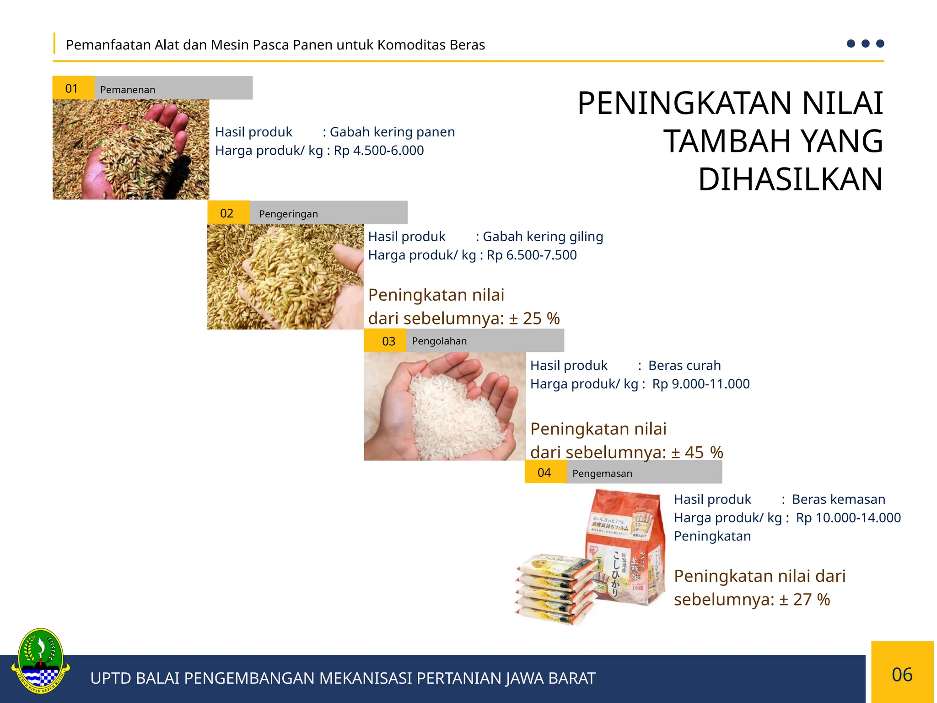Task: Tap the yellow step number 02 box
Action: click(228, 213)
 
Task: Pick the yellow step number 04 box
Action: click(545, 472)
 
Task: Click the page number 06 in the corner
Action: click(902, 675)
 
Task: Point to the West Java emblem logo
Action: click(40, 661)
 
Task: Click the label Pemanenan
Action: click(128, 90)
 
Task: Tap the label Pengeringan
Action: click(288, 214)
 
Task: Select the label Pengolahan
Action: click(439, 341)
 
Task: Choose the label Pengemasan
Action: click(602, 473)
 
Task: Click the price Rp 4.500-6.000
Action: click(379, 151)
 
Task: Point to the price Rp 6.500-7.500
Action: click(532, 255)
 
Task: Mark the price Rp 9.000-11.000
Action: click(701, 384)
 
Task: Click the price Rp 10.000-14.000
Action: click(848, 518)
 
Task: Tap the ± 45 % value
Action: click(697, 452)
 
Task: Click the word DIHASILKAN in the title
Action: click(790, 179)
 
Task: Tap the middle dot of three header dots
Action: click(865, 43)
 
